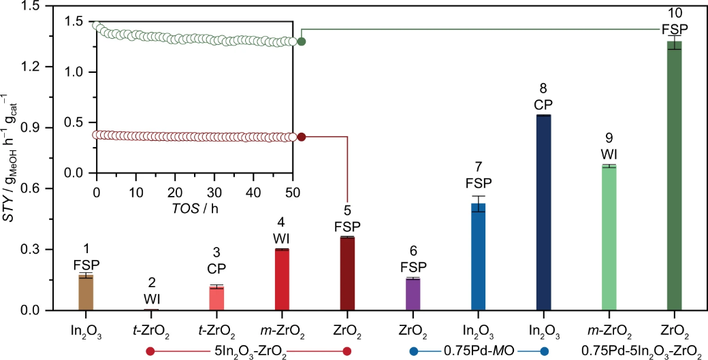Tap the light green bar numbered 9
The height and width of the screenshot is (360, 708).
click(609, 238)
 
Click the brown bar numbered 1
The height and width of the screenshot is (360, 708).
click(86, 292)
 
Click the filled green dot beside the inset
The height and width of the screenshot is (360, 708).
click(302, 42)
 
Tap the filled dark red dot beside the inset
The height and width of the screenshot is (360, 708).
click(302, 137)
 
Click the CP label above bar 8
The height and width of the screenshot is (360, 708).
click(543, 104)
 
